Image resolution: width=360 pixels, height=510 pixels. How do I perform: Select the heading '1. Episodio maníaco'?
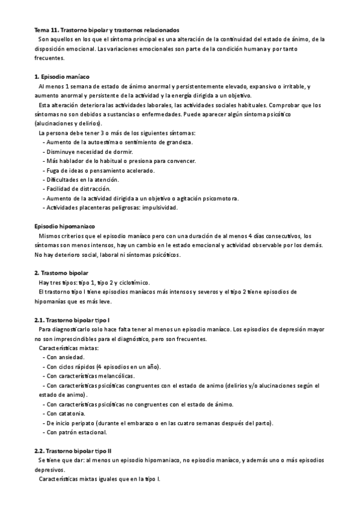coord(62,77)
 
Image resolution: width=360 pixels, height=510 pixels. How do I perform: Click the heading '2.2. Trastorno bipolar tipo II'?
coord(76,450)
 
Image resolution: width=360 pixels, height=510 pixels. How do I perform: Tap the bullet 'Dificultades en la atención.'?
coord(83,180)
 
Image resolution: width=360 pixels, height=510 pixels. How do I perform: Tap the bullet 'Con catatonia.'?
coord(68,413)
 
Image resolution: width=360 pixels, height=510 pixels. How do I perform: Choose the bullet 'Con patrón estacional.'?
coord(78,432)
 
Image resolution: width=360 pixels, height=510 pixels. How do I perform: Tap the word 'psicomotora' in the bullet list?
coord(219,198)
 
